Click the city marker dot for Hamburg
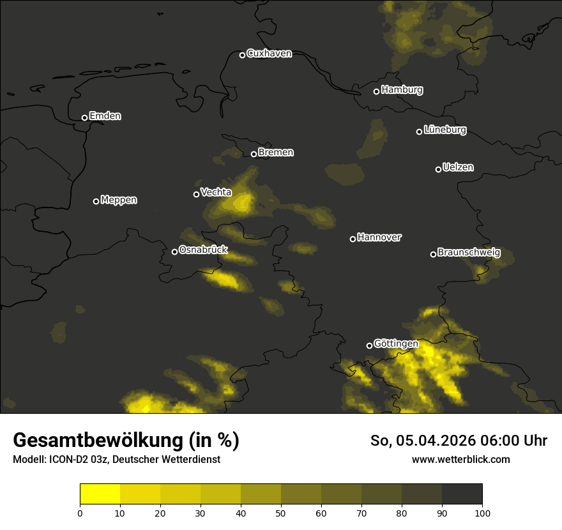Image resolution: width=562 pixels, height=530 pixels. pos(376,91)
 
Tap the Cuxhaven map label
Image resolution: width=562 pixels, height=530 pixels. pos(269,54)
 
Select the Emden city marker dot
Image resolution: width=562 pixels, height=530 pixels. pos(84,117)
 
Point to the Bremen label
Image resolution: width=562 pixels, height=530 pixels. pos(276,153)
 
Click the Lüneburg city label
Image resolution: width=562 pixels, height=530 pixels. pos(444,130)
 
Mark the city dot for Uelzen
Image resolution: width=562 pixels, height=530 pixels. pos(438,169)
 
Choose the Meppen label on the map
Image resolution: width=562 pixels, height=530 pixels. pos(119,200)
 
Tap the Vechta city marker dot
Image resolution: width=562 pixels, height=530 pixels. pos(196,194)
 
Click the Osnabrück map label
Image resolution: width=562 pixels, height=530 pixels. pos(203,250)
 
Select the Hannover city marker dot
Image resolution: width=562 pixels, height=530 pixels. pos(353,239)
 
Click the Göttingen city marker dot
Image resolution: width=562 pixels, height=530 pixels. pos(369,345)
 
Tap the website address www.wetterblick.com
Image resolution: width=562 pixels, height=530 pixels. pos(460,459)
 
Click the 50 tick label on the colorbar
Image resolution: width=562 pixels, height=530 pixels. pos(281,513)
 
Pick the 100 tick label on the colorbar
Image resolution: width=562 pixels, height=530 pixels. pos(482,513)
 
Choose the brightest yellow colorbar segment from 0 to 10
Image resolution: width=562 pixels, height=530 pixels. pos(100,494)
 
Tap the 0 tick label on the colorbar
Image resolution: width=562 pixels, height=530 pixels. pos(80,513)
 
